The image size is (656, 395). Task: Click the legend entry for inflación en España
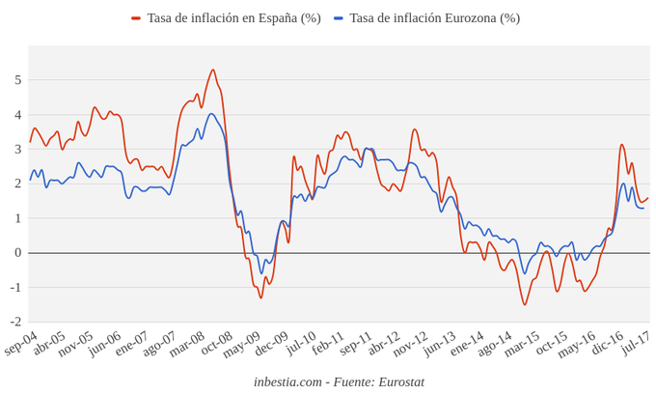[232, 18]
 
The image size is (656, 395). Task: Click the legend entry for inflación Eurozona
[434, 18]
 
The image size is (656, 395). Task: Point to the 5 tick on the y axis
[16, 80]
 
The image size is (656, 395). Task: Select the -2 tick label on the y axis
[14, 322]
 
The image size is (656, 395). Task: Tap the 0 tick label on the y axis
[16, 253]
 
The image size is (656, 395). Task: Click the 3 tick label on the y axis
[16, 149]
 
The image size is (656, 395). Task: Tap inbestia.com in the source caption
[287, 382]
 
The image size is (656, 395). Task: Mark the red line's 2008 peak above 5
[212, 70]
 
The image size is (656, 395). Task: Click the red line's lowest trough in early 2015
[525, 305]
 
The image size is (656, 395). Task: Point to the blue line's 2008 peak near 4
[211, 114]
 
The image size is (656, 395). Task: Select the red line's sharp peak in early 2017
[622, 145]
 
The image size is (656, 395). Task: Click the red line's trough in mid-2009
[260, 297]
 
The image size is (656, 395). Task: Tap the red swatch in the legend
[136, 18]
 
